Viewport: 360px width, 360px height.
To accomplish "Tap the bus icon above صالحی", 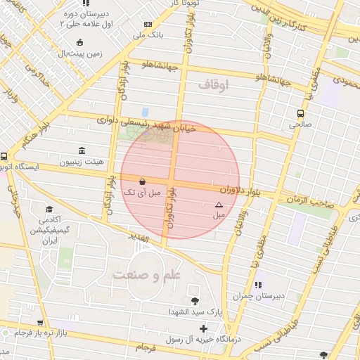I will point(301,113).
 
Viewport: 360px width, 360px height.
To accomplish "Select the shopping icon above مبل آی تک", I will point(143,181).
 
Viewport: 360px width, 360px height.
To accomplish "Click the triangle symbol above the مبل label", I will point(217,205).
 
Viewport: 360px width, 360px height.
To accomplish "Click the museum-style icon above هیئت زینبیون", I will point(82,151).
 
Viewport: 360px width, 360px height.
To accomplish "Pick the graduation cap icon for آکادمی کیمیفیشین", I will point(49,210).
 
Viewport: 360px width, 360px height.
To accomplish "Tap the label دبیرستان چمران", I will point(279,296).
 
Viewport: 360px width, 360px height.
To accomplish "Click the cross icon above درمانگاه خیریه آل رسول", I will point(204,328).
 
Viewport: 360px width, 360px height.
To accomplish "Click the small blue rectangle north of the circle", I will point(145,112).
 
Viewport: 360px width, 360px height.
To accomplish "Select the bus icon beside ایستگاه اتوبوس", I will point(4,157).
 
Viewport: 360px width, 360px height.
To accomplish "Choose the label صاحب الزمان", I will point(308,201).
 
